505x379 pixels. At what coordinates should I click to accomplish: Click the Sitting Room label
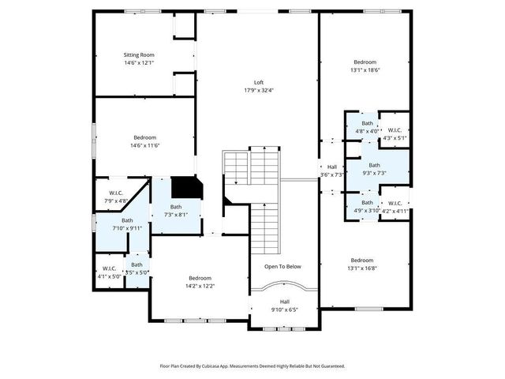pyautogui.click(x=139, y=55)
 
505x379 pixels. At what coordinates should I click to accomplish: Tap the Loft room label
pyautogui.click(x=258, y=83)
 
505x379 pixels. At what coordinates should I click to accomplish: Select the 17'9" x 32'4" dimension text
pyautogui.click(x=258, y=90)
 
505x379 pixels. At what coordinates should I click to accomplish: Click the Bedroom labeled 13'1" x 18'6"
pyautogui.click(x=365, y=62)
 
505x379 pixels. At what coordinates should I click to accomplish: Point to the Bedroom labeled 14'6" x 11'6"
pyautogui.click(x=144, y=137)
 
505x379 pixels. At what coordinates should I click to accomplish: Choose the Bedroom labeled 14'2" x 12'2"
pyautogui.click(x=200, y=278)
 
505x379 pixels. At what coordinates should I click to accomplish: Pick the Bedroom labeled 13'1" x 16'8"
pyautogui.click(x=362, y=261)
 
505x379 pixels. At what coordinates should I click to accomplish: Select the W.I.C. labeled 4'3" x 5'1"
pyautogui.click(x=395, y=131)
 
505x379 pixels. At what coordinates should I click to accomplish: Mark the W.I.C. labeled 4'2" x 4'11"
pyautogui.click(x=395, y=204)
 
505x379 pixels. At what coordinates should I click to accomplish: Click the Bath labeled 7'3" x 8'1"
pyautogui.click(x=175, y=207)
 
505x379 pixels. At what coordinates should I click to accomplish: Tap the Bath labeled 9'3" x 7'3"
pyautogui.click(x=374, y=166)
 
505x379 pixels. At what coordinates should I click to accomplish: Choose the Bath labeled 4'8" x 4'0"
pyautogui.click(x=367, y=123)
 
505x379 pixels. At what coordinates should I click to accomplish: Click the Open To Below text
pyautogui.click(x=282, y=267)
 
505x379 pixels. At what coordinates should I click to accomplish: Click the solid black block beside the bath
pyautogui.click(x=187, y=187)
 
